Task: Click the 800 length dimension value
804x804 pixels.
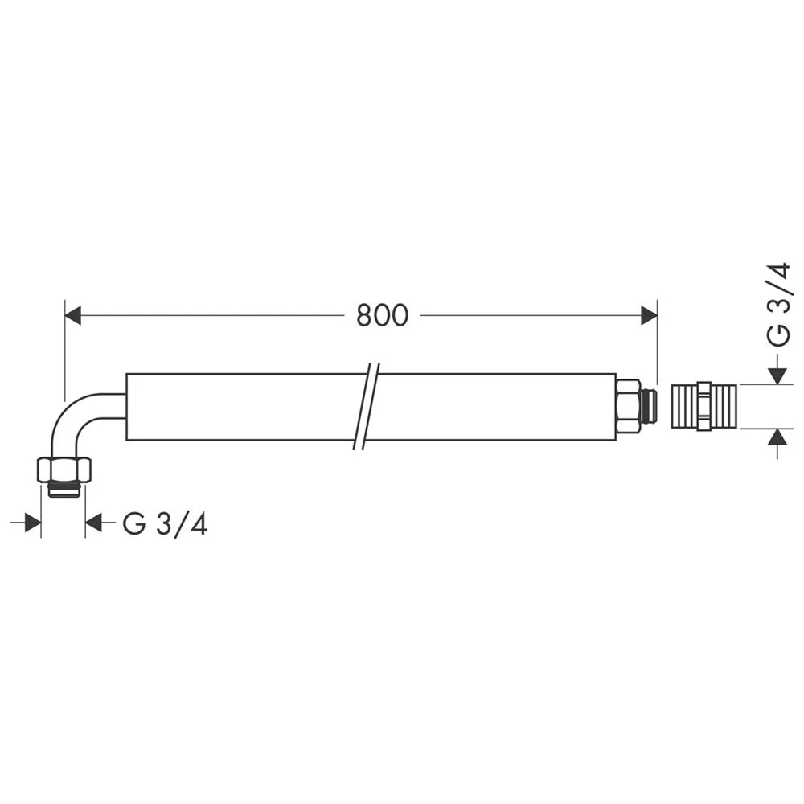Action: (382, 316)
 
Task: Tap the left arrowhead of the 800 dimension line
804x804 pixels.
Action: (73, 316)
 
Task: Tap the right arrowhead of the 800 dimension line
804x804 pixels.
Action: (649, 316)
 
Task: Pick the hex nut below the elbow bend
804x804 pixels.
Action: (64, 470)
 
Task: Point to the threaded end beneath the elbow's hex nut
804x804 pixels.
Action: (64, 490)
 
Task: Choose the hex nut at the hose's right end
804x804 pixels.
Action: (628, 407)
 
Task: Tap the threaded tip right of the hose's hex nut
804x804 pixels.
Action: (649, 407)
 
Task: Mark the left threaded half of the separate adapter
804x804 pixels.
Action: (684, 407)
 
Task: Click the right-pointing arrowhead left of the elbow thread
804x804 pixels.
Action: (32, 523)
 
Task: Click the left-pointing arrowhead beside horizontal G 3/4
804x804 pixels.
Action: (94, 523)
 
